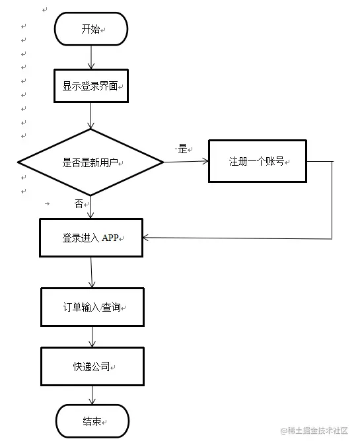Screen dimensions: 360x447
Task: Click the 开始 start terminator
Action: [x=91, y=29]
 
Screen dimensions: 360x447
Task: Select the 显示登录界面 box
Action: [x=91, y=86]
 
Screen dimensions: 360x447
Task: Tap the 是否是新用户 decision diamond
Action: [x=90, y=162]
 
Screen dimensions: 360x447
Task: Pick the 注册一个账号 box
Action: [x=258, y=161]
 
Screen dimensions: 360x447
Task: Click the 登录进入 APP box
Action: [x=91, y=238]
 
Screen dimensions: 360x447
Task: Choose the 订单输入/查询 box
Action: [x=92, y=307]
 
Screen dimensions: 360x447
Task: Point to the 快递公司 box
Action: [x=92, y=366]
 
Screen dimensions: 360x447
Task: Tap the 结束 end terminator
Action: [x=92, y=421]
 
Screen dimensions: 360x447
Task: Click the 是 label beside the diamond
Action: [x=182, y=149]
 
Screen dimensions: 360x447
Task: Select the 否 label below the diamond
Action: [x=79, y=203]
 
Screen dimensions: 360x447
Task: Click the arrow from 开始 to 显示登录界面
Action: [x=91, y=57]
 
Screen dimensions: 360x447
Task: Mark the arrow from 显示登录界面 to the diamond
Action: [x=90, y=116]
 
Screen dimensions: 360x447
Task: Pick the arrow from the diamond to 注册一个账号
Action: [x=186, y=162]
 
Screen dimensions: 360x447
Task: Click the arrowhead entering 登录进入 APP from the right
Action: [x=145, y=238]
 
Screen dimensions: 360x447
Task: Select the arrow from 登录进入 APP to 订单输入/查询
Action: [x=92, y=272]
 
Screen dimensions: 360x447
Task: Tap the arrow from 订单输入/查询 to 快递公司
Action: [x=92, y=337]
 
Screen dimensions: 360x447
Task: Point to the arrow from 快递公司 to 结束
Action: [x=92, y=395]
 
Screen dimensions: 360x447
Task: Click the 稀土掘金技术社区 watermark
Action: [x=314, y=430]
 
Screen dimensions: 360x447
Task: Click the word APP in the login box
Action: [x=110, y=238]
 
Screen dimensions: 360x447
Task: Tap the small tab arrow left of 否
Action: [x=48, y=203]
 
